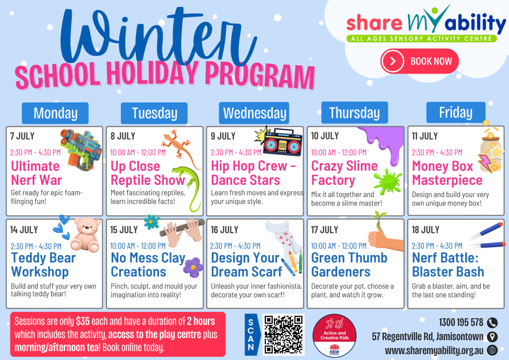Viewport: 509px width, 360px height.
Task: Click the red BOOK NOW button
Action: click(420, 61)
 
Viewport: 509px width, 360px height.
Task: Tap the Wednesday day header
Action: click(254, 113)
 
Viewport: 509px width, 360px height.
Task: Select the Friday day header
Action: click(456, 112)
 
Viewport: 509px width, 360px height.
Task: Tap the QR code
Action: click(283, 334)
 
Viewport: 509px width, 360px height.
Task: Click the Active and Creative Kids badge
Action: click(335, 336)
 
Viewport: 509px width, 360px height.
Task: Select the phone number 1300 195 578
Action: click(461, 322)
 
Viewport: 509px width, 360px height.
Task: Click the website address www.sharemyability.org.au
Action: click(434, 351)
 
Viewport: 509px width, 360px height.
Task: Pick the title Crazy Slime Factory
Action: click(344, 173)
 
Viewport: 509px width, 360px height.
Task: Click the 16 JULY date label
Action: click(224, 230)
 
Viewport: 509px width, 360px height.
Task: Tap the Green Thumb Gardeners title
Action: click(349, 265)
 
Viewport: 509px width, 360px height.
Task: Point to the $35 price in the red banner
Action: click(83, 321)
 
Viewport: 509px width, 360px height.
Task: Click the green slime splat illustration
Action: click(388, 181)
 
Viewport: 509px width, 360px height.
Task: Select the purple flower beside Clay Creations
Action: click(193, 267)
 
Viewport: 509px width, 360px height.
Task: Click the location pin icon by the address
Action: click(492, 337)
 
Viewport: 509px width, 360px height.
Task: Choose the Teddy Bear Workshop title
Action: click(43, 265)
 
